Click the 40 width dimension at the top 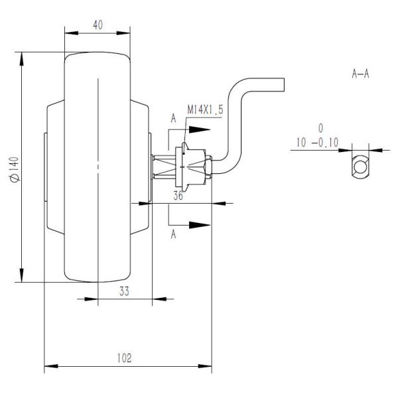[x=98, y=25]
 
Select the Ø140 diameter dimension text [x=14, y=169]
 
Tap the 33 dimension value [x=124, y=290]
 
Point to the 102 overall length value [x=123, y=358]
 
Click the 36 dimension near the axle [x=178, y=196]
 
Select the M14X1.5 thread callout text [x=204, y=109]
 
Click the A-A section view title [x=360, y=74]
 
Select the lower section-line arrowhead [x=198, y=225]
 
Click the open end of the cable [x=284, y=84]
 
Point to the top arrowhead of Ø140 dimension [x=23, y=59]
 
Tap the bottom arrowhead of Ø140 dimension [x=23, y=277]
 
